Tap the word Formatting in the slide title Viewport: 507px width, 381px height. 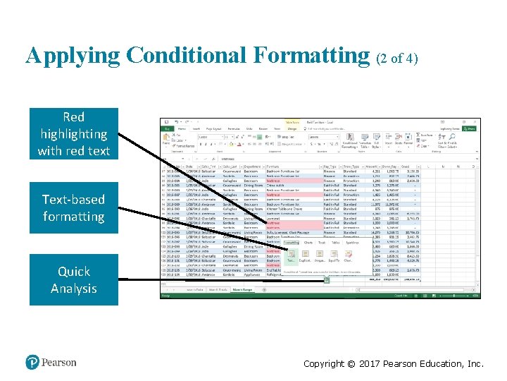[317, 56]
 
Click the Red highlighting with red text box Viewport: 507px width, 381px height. [74, 133]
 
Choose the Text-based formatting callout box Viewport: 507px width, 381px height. [74, 208]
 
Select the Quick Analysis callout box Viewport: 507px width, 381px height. [74, 279]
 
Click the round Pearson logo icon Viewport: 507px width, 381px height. [32, 362]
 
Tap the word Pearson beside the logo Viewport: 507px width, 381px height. [58, 362]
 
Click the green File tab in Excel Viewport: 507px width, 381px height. [167, 129]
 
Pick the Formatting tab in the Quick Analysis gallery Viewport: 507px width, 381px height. [292, 242]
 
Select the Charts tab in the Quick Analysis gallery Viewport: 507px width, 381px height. [308, 242]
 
